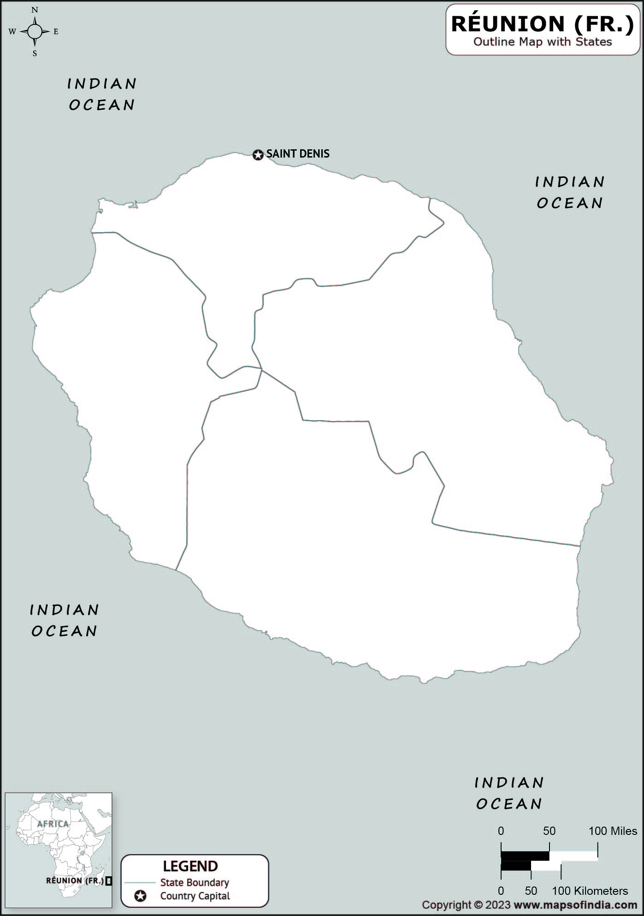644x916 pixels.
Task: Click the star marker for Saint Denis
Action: pos(258,155)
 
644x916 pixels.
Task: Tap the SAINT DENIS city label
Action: pos(298,154)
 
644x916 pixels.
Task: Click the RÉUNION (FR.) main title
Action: pos(543,24)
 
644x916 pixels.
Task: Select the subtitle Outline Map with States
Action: pos(543,42)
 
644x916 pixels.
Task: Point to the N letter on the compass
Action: pos(35,10)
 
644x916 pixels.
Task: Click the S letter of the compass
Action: pos(35,53)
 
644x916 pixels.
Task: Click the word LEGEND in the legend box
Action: pos(190,866)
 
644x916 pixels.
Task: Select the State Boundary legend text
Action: pos(195,882)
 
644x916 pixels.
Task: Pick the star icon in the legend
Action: pos(140,896)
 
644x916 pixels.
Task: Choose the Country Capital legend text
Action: pos(195,896)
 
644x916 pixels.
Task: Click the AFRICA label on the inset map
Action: pos(53,824)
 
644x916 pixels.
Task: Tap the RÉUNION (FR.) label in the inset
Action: pos(75,881)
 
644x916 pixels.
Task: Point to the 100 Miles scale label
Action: pos(613,831)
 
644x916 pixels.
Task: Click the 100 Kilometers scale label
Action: pos(590,891)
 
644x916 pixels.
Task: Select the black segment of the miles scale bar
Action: pos(525,856)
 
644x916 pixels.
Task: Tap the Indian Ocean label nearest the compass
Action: pos(102,94)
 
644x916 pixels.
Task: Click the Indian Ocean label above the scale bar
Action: pos(509,793)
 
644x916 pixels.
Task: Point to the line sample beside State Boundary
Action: pos(140,883)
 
